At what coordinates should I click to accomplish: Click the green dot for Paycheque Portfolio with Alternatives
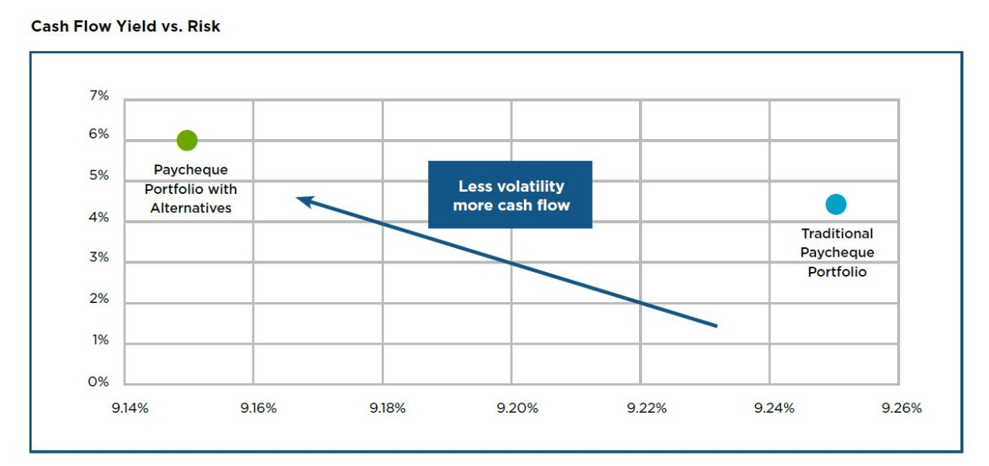click(x=187, y=140)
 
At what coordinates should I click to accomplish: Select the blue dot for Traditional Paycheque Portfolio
click(x=835, y=204)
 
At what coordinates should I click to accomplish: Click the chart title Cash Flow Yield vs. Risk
click(x=125, y=26)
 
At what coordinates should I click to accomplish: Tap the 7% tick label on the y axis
click(x=100, y=96)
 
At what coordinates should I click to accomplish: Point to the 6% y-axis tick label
click(x=99, y=134)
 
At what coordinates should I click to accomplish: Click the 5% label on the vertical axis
click(x=99, y=176)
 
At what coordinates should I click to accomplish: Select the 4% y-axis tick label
click(x=99, y=218)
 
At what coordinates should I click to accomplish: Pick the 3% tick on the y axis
click(x=99, y=258)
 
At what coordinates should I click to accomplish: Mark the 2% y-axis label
click(x=99, y=299)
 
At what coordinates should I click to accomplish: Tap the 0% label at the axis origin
click(x=99, y=382)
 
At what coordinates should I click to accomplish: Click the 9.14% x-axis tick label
click(x=130, y=408)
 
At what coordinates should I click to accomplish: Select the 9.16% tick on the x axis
click(x=258, y=408)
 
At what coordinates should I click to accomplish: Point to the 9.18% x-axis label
click(x=387, y=408)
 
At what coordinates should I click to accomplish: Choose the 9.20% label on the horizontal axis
click(x=517, y=408)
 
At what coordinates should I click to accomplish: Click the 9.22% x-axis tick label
click(x=646, y=408)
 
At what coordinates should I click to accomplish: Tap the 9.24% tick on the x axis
click(x=774, y=408)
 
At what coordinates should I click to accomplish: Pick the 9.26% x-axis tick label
click(x=902, y=408)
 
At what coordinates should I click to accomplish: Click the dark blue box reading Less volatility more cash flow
click(x=510, y=195)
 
